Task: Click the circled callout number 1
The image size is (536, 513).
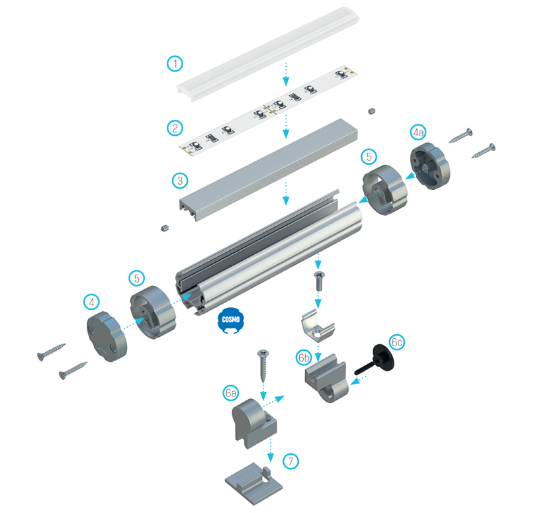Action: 175,64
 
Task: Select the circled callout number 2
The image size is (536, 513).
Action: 175,128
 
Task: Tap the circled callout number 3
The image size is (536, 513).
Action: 180,180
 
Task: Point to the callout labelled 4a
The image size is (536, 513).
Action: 418,132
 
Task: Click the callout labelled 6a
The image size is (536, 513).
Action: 231,393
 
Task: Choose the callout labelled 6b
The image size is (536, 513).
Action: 304,357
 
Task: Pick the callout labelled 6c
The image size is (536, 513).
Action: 396,342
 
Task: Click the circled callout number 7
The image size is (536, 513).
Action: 290,461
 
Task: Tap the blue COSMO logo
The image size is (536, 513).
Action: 231,320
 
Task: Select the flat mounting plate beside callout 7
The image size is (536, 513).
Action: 253,484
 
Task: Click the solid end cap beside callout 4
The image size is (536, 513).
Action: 107,337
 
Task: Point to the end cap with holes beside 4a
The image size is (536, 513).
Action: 430,166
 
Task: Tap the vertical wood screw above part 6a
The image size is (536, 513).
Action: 263,366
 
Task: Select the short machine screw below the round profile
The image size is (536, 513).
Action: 319,281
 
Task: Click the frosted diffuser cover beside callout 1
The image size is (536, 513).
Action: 268,54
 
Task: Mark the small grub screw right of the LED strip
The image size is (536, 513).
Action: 372,111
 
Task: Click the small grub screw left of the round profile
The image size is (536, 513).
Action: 165,228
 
